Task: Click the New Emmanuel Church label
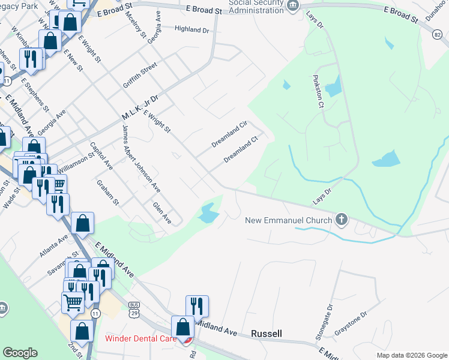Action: point(289,220)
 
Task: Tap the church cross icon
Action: point(342,219)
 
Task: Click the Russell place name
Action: point(267,333)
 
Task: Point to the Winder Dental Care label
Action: point(140,338)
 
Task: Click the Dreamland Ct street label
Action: point(241,150)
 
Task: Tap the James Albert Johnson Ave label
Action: point(141,158)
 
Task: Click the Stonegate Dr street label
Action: point(330,317)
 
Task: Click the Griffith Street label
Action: point(139,77)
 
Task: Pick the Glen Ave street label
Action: point(162,214)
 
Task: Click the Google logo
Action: point(20,353)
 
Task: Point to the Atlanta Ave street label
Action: point(53,245)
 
